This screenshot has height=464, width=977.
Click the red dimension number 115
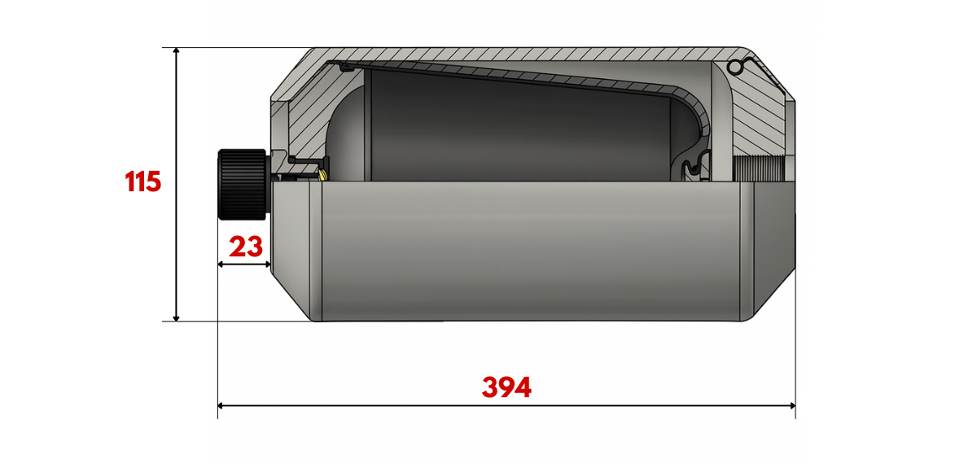pos(143,182)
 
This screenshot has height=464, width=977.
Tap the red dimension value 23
pos(246,247)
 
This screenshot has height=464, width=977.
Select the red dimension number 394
pos(506,387)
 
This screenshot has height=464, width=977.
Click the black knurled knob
pos(242,185)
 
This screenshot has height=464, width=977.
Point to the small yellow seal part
pos(322,175)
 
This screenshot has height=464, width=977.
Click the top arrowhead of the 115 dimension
pos(176,50)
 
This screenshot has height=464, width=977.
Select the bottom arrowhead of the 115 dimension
pos(176,318)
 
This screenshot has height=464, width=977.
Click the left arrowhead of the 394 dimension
pos(221,406)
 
